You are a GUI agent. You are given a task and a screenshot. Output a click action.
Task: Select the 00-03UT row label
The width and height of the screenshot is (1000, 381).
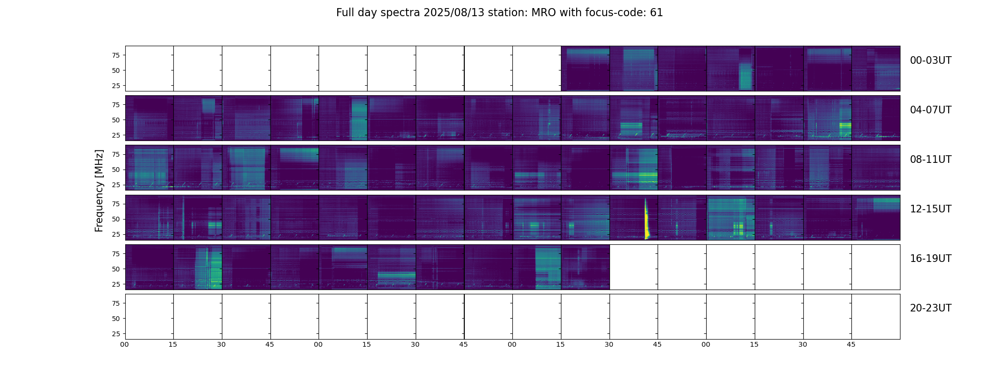pos(930,60)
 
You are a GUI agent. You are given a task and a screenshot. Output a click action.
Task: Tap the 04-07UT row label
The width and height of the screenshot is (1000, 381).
pos(930,110)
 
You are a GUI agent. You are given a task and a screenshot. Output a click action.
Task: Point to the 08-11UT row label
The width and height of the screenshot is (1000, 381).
pos(930,160)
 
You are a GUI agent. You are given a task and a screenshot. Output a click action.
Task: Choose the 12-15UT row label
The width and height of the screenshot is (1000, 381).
pos(930,209)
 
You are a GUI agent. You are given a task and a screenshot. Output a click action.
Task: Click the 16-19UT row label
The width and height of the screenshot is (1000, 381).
pos(930,259)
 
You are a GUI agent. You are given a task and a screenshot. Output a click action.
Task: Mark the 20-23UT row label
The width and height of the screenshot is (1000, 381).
pos(930,308)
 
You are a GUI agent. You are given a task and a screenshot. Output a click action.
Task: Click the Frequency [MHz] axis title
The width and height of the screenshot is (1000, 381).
pos(99,190)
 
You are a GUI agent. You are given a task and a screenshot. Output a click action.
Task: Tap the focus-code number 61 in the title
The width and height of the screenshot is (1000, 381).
pos(656,13)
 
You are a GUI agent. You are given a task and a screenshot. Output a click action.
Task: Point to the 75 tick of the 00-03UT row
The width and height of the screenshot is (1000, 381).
pos(116,55)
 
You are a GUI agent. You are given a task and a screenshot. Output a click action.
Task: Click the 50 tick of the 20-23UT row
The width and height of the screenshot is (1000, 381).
pos(116,319)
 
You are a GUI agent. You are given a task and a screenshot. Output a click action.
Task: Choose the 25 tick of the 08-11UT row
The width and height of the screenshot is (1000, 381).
pos(116,185)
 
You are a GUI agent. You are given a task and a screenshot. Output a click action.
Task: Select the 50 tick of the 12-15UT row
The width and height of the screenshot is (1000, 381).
pos(116,219)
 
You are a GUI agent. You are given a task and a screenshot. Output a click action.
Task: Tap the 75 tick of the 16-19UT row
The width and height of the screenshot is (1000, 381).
pos(116,254)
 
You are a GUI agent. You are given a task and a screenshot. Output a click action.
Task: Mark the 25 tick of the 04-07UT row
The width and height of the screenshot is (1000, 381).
pos(116,135)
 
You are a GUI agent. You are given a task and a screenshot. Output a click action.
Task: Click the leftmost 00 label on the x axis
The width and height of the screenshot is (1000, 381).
pos(124,344)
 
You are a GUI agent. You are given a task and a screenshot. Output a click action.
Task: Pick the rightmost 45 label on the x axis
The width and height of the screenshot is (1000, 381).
pos(851,344)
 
